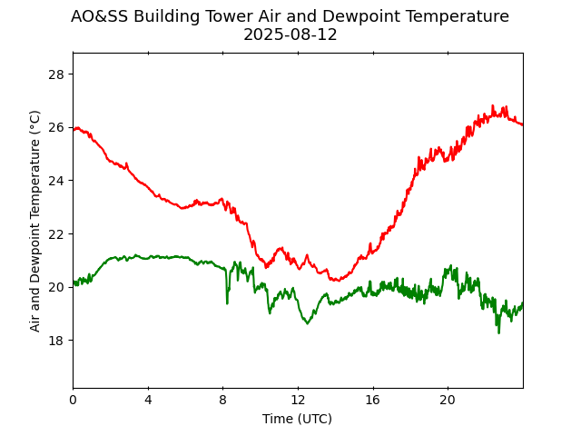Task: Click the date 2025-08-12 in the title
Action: (290, 35)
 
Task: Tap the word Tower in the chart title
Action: (245, 16)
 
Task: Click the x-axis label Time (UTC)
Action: (297, 419)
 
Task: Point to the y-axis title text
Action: (35, 221)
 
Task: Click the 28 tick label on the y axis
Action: (56, 74)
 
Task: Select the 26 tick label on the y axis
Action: (56, 127)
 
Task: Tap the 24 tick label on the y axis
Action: (56, 180)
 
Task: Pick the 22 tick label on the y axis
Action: (56, 233)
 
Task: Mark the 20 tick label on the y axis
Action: (56, 287)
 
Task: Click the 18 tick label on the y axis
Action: (56, 340)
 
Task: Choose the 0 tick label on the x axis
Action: (74, 400)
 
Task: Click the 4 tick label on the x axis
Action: (148, 400)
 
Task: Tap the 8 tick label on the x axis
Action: (223, 400)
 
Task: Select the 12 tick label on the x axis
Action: (298, 400)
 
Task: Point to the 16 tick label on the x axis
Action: (373, 400)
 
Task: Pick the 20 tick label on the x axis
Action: (448, 400)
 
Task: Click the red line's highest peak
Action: (493, 105)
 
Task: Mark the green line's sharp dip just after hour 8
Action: (227, 302)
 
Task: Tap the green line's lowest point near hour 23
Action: (498, 332)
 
